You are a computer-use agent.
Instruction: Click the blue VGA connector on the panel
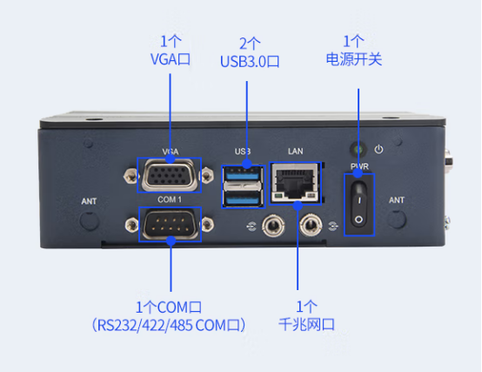(169, 176)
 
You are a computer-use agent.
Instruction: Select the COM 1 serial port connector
(169, 225)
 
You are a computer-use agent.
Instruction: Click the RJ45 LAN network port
(297, 181)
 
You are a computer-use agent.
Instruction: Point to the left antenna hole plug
(90, 220)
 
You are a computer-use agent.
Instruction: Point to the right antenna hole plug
(397, 220)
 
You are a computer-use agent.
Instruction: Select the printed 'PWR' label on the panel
(359, 166)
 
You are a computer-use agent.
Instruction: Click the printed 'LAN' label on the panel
(295, 152)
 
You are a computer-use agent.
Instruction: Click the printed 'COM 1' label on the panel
(169, 200)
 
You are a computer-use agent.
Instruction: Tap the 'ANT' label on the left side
(90, 201)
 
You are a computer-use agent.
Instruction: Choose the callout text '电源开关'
(354, 60)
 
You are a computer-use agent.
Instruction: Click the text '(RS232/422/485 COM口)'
(169, 325)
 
